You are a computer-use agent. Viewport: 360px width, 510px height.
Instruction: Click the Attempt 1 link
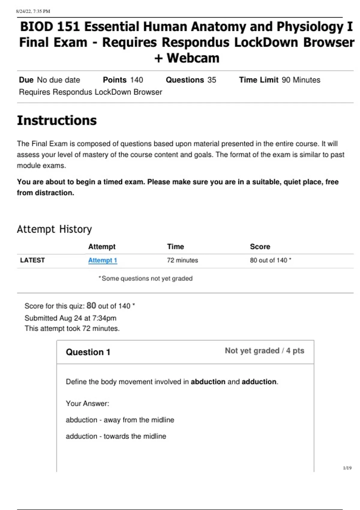[x=102, y=260]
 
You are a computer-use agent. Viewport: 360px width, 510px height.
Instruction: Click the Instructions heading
[x=57, y=121]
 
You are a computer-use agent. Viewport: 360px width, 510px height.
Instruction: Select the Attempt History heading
[x=54, y=229]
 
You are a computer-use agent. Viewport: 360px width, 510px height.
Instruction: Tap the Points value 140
[x=136, y=80]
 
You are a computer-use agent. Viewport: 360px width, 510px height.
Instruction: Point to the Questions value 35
[x=212, y=80]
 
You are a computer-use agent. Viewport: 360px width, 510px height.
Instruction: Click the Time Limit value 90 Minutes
[x=301, y=80]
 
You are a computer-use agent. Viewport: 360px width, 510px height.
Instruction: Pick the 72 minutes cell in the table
[x=182, y=260]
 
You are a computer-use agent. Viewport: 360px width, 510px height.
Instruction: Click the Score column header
[x=260, y=247]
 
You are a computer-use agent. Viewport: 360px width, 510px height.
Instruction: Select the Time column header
[x=175, y=247]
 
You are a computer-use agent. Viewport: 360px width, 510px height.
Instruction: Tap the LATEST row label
[x=32, y=260]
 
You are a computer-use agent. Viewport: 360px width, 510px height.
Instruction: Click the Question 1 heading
[x=88, y=352]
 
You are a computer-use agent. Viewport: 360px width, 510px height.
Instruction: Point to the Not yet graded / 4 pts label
[x=264, y=351]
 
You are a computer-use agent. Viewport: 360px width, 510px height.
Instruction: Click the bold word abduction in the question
[x=208, y=382]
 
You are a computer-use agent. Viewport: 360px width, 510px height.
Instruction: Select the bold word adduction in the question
[x=259, y=382]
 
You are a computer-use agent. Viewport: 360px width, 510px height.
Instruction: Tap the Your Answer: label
[x=87, y=404]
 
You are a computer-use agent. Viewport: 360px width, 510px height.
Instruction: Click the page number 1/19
[x=347, y=468]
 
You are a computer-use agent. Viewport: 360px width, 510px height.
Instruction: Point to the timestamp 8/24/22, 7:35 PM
[x=33, y=11]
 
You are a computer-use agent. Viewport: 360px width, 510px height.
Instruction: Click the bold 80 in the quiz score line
[x=91, y=306]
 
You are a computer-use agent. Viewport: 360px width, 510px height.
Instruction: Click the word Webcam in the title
[x=193, y=58]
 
